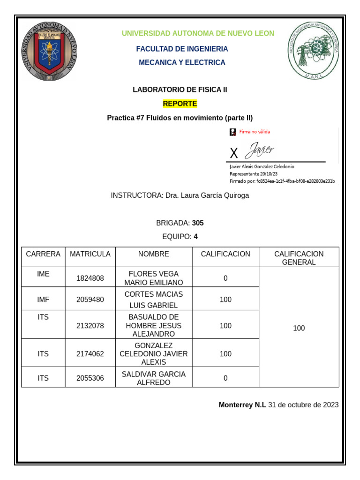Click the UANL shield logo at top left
coord(48,51)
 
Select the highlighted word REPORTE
coord(180,104)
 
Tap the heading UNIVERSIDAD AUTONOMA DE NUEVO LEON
coord(198,33)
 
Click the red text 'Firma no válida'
coord(255,132)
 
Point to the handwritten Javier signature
coord(259,150)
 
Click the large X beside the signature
coord(234,153)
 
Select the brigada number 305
coord(198,223)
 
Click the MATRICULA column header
coord(90,254)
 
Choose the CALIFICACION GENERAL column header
coord(299,258)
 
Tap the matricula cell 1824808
coord(90,278)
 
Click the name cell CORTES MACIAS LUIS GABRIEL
coord(153,300)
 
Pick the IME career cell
coord(43,274)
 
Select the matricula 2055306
coord(90,378)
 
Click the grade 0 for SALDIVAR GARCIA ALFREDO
coord(225,378)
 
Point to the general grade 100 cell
coord(299,328)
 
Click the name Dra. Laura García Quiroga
coord(207,195)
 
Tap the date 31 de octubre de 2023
coord(303,405)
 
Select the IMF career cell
coord(43,300)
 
